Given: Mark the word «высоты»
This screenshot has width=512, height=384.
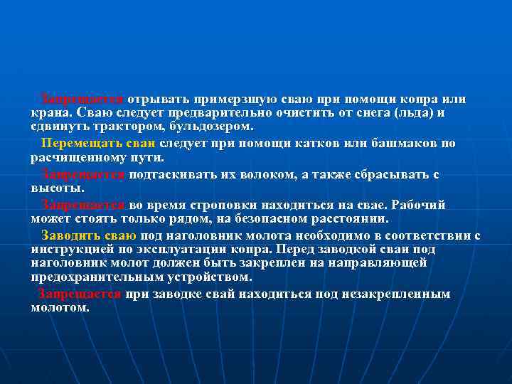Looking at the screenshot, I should (56, 188).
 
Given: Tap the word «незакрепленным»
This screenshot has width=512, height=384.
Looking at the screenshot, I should (402, 294).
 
